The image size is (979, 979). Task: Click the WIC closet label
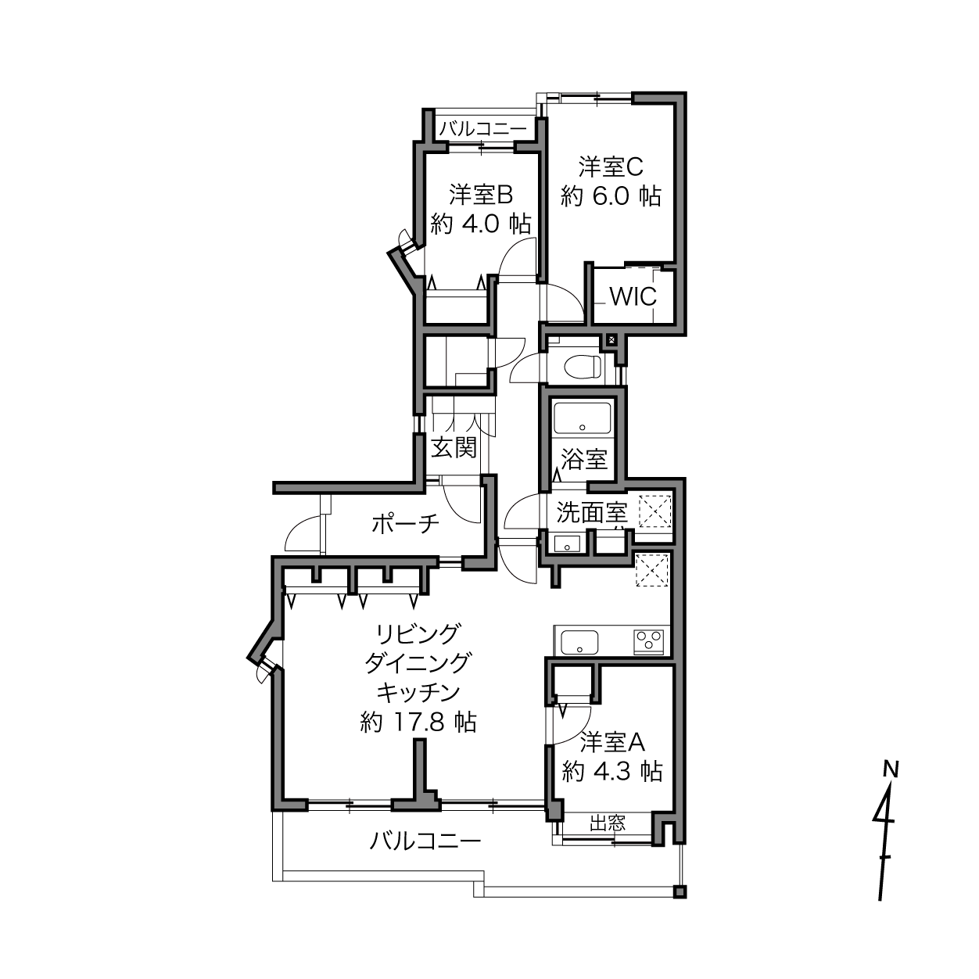pos(633,296)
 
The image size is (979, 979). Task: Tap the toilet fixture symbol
pos(583,366)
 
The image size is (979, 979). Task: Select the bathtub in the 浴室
pos(583,418)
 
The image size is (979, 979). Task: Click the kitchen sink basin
pos(579,642)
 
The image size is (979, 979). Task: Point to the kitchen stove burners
pos(649,641)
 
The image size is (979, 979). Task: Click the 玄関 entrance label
pos(454,447)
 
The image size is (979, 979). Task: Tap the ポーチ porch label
pos(405,524)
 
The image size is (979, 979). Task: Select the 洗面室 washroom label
pos(593,512)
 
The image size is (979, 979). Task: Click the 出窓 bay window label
pos(608,823)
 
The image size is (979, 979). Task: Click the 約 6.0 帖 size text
pos(611,196)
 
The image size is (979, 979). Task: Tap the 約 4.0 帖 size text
pos(481,224)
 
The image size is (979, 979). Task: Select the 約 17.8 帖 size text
pos(418,722)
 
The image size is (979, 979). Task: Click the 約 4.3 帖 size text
pos(612,773)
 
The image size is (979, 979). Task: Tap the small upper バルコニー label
pos(482,128)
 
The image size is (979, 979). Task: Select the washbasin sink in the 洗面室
pos(566,544)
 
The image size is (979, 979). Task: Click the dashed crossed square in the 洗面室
pos(654,511)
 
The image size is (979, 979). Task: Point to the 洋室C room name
pos(611,167)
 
